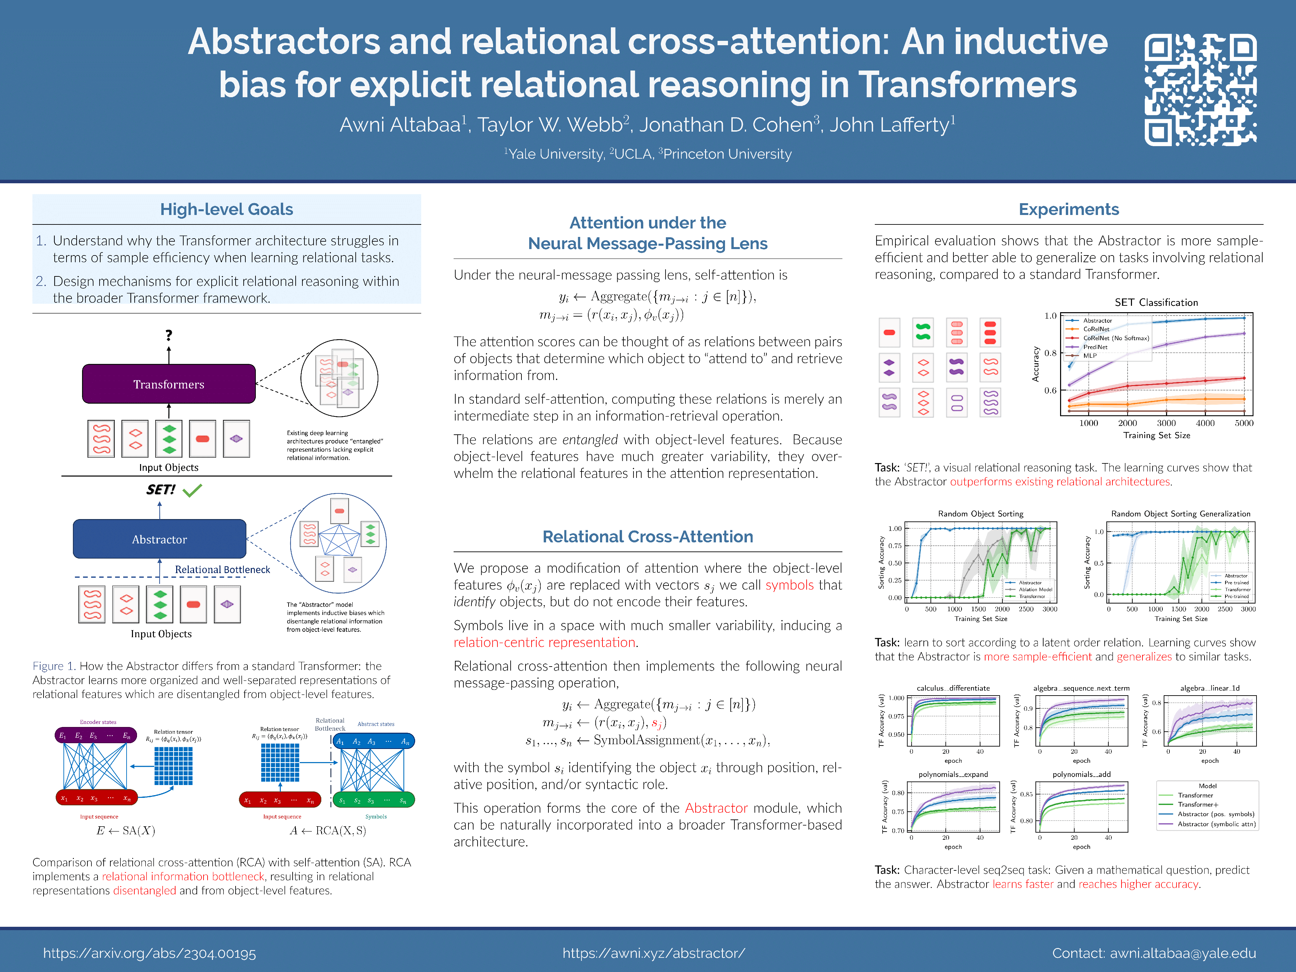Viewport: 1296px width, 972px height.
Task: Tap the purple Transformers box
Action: coord(169,384)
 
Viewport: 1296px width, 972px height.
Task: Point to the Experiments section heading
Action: coord(1068,209)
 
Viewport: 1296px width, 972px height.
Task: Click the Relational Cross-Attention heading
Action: coord(647,537)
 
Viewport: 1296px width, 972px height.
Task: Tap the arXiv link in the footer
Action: coord(150,953)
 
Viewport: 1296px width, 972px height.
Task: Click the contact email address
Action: coord(1182,953)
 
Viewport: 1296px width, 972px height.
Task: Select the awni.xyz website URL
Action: coord(653,953)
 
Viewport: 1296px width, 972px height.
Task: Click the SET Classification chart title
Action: coord(1156,302)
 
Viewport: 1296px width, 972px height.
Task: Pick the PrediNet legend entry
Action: coord(1095,347)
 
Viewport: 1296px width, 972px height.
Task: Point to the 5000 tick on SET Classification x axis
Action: coord(1244,423)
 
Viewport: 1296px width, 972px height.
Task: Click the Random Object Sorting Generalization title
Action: coord(1181,514)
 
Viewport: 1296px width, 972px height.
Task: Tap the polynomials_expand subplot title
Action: coord(953,774)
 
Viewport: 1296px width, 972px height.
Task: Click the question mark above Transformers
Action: coord(169,335)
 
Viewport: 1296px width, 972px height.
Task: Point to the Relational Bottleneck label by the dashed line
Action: coord(223,569)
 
